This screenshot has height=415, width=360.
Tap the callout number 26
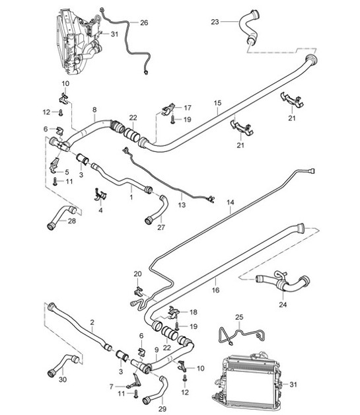(144, 22)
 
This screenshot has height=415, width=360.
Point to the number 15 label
(217, 104)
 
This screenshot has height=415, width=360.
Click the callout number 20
(137, 274)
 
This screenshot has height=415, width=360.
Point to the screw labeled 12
(60, 112)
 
